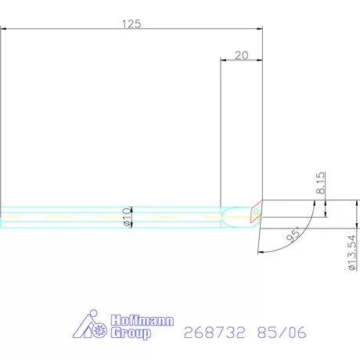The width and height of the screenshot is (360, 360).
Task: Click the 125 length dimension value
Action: point(131,23)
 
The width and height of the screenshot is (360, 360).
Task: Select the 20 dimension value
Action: point(242,56)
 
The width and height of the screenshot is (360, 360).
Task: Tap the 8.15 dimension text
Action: point(321,182)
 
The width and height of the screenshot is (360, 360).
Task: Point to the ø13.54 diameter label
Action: point(351,253)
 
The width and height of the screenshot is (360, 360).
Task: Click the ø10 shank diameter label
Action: point(128,217)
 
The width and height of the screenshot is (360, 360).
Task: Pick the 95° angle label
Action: point(293,235)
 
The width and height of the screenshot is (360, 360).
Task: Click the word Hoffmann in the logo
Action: point(142,320)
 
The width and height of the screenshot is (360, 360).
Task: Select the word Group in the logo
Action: point(131,333)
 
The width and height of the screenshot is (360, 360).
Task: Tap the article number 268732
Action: point(214,333)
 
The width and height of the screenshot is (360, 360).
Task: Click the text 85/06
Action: point(282,333)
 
